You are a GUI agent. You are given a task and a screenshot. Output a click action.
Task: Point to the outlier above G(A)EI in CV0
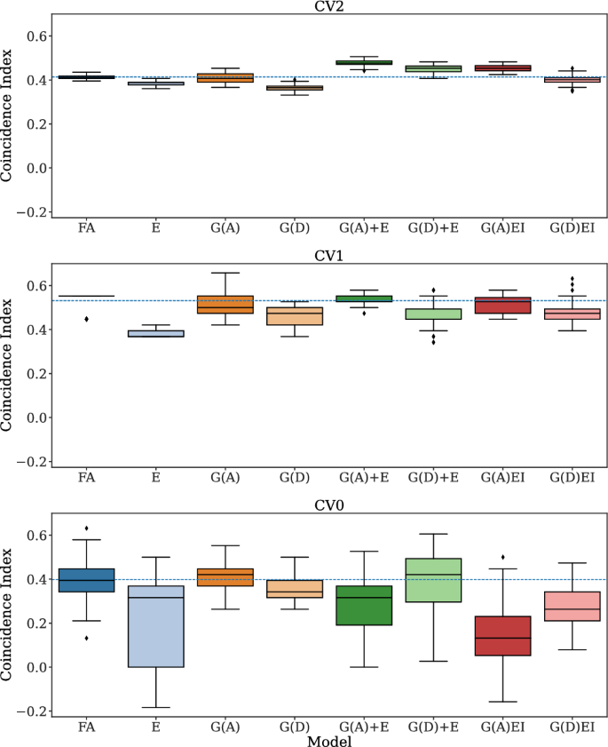[502, 558]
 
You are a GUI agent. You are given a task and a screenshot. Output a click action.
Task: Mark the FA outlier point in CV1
[87, 319]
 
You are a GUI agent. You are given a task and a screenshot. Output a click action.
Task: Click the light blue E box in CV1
[156, 334]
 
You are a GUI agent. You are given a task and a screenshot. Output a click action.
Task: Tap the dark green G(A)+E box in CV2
[364, 63]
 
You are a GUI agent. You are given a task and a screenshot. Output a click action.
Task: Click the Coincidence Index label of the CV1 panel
[8, 365]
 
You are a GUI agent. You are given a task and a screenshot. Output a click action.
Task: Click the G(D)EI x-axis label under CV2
[572, 228]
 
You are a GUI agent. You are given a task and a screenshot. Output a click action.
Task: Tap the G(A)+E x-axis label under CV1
[364, 478]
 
